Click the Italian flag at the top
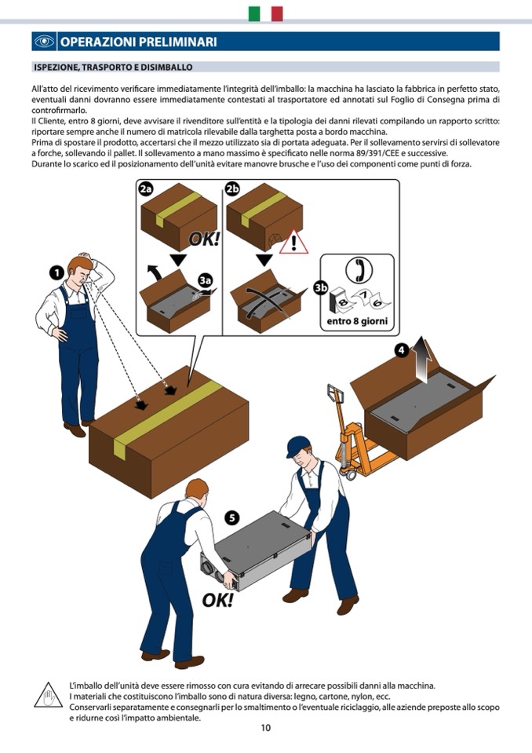pos(265,13)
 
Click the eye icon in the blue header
pos(44,42)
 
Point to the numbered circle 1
pos(56,273)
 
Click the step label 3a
pos(206,280)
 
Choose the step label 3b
pos(320,287)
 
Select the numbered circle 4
pos(401,351)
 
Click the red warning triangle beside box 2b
pos(293,242)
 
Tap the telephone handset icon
pos(359,269)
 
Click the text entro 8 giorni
pos(357,322)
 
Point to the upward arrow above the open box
pos(421,359)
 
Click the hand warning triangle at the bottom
pos(48,696)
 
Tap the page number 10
pos(266,728)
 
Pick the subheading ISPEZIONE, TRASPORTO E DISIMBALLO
pos(113,68)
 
